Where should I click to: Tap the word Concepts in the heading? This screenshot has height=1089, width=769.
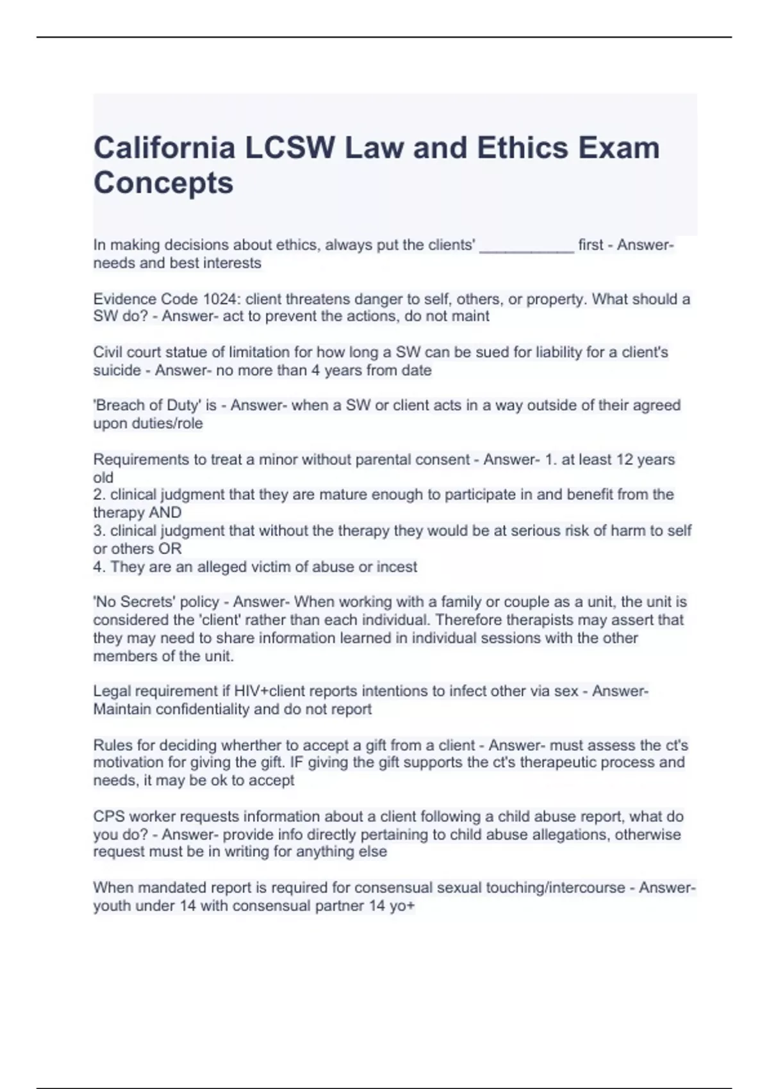(x=163, y=183)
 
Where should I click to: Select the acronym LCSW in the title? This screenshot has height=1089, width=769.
(x=290, y=148)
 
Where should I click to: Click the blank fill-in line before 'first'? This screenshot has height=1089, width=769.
(x=526, y=246)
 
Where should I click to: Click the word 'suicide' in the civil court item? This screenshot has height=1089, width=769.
(x=117, y=370)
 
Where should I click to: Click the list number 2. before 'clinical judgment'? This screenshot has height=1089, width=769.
(x=99, y=495)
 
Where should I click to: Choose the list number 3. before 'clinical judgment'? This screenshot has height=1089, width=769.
(x=99, y=531)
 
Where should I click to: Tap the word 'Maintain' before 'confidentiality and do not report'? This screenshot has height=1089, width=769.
(x=122, y=709)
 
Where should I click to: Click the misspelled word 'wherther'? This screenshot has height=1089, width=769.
(x=251, y=746)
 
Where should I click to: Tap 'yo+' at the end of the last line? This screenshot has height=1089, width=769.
(x=402, y=906)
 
